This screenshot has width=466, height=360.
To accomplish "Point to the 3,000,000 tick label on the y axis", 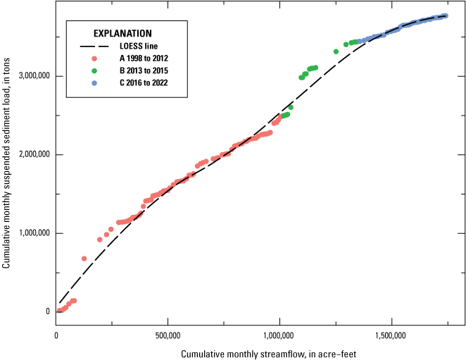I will coord(34,76).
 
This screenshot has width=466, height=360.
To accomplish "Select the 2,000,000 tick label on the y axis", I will coord(34,155).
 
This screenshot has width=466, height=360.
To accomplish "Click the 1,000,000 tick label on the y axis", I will coord(34,233).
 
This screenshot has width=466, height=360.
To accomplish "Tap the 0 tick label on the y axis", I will coord(49,311).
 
